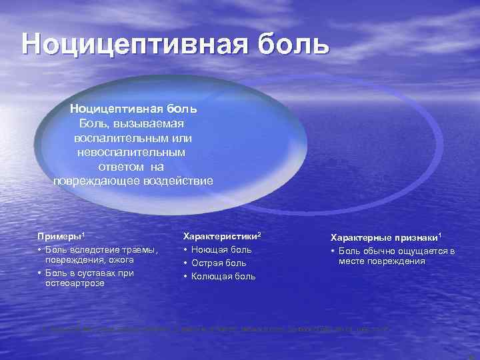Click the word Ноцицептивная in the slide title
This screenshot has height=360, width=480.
coord(127,44)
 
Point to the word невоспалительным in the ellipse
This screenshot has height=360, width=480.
coord(132,153)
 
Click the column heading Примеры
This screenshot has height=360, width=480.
coord(59,237)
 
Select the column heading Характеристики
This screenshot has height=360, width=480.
coord(221,237)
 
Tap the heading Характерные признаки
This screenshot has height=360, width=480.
coord(386,237)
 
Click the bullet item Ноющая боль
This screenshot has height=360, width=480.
coord(221,250)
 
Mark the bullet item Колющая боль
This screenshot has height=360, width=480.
coord(223,277)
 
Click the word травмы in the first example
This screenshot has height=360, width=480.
coord(140,250)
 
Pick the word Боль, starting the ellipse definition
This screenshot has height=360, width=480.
coord(93,123)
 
